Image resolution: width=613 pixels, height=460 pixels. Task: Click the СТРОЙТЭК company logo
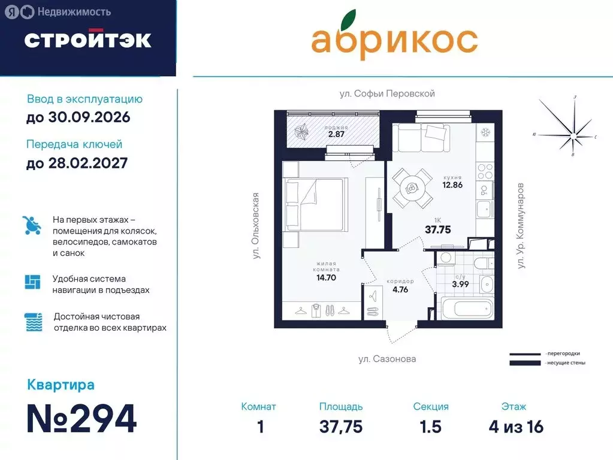click(x=87, y=40)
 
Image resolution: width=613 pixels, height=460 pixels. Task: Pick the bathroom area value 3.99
click(x=460, y=284)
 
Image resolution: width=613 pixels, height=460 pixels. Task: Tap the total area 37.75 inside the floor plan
click(x=437, y=229)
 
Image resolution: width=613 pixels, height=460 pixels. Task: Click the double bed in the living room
click(x=316, y=205)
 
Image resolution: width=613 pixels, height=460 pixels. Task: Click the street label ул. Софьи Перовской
click(x=386, y=93)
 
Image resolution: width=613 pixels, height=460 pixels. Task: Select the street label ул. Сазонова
click(x=386, y=359)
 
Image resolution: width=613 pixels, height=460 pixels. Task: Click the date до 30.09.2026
click(x=78, y=117)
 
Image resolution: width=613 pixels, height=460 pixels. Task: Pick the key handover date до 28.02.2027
click(x=77, y=162)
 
